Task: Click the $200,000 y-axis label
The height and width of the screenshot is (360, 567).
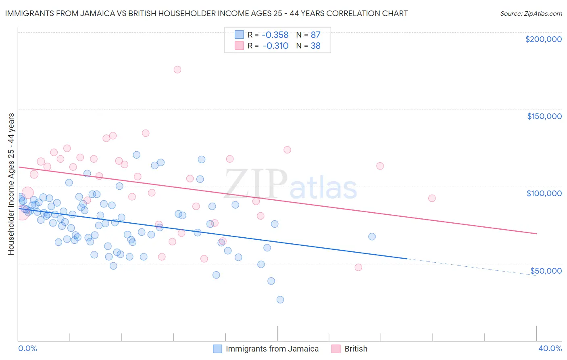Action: [543, 39]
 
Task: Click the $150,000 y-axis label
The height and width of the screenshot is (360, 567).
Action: [544, 116]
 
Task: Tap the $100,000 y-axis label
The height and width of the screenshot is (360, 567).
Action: [544, 193]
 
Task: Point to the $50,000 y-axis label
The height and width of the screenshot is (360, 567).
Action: [546, 270]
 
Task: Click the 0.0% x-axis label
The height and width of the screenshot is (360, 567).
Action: [27, 348]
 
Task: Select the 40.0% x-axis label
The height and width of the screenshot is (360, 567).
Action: [550, 348]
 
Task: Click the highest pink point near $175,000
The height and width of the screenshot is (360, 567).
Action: [177, 69]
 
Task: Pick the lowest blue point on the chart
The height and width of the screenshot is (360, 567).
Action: [280, 299]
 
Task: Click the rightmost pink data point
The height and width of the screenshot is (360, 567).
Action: [432, 198]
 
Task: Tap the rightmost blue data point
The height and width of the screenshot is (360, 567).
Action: [372, 237]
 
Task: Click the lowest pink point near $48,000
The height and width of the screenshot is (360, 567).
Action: [358, 267]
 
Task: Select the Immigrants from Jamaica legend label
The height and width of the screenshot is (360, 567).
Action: [272, 349]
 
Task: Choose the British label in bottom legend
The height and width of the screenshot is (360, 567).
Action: [356, 349]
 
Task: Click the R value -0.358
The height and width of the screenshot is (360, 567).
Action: [275, 35]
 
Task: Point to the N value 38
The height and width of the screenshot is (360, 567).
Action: [315, 46]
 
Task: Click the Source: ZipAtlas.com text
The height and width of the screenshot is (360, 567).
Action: [531, 13]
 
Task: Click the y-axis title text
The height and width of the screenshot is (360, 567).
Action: [11, 184]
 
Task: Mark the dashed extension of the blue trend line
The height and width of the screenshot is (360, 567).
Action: [472, 267]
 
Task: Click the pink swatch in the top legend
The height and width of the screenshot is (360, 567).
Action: [239, 46]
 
